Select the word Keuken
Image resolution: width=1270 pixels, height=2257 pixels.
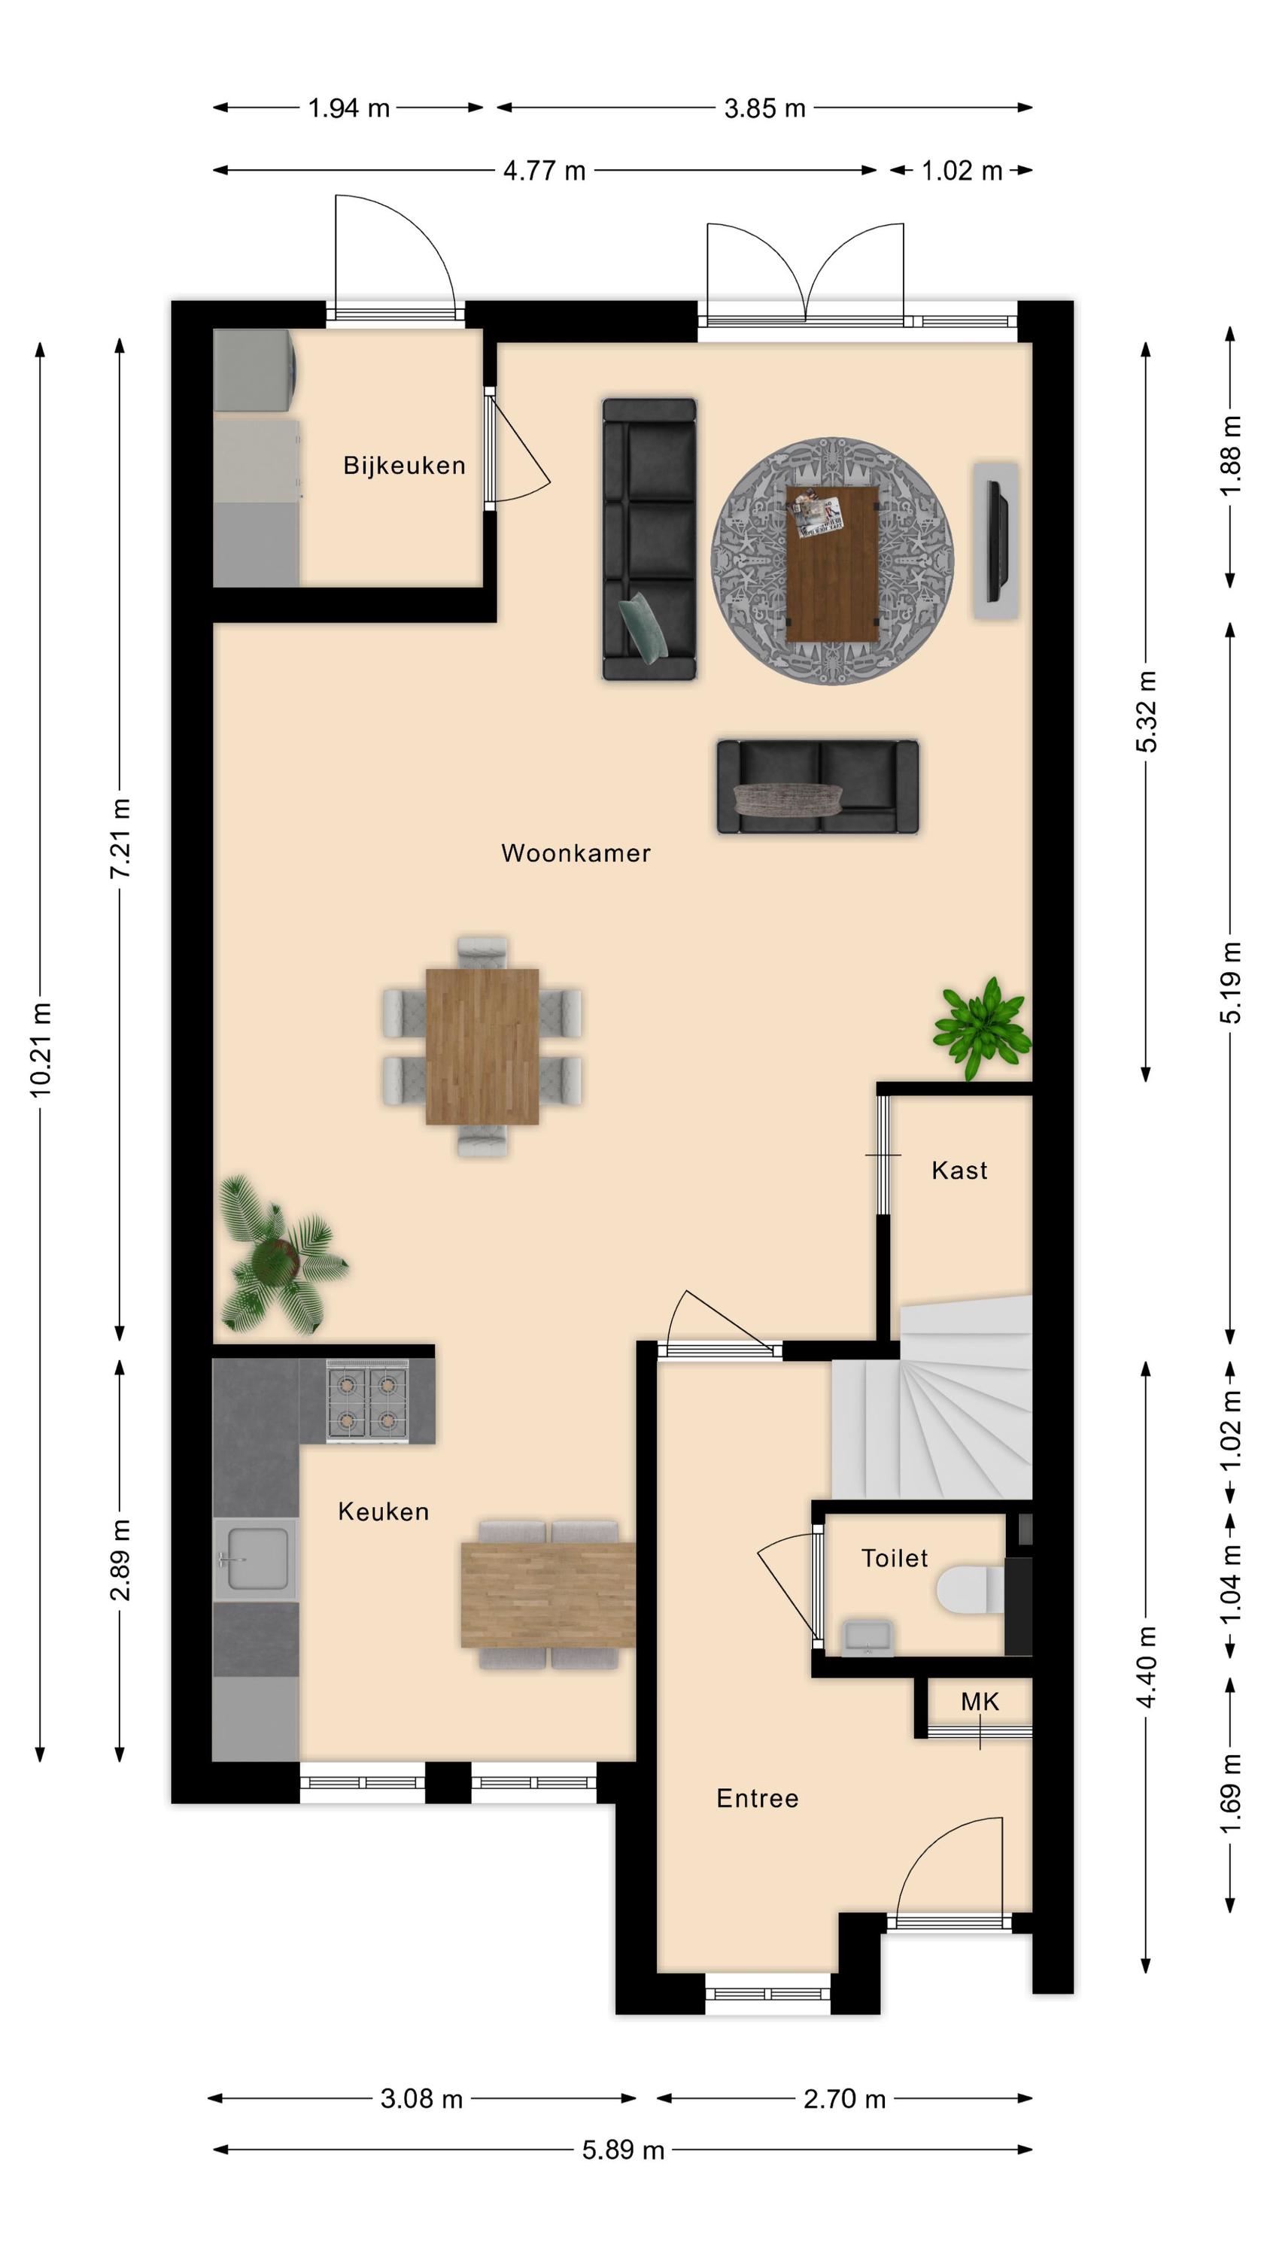coord(383,1511)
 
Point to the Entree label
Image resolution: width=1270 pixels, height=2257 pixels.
coord(758,1798)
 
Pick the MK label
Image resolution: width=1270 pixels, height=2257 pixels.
coord(979,1702)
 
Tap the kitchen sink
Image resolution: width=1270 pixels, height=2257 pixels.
coord(255,1559)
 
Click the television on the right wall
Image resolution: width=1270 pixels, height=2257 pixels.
coord(998,541)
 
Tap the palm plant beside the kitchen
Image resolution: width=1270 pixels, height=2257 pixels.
coord(278,1256)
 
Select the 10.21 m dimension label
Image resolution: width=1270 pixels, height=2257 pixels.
coord(41,1050)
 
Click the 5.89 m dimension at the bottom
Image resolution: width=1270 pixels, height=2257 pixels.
coord(623,2150)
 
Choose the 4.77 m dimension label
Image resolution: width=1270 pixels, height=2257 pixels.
coord(544,170)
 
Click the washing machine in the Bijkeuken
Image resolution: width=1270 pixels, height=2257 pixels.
coord(255,369)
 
